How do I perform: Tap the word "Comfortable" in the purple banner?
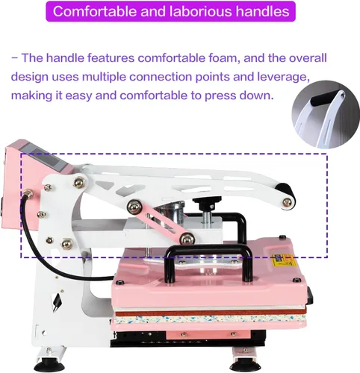[x=95, y=11]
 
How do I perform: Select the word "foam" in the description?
[x=223, y=58]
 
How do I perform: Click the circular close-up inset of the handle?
[x=326, y=114]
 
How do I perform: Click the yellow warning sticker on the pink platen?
[x=284, y=260]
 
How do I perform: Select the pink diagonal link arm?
[x=161, y=222]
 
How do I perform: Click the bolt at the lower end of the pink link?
[x=187, y=239]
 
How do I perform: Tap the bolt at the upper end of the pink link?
[x=134, y=207]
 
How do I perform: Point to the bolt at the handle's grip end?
[x=287, y=203]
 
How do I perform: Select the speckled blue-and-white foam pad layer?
[x=209, y=319]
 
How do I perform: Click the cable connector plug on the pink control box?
[x=28, y=193]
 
